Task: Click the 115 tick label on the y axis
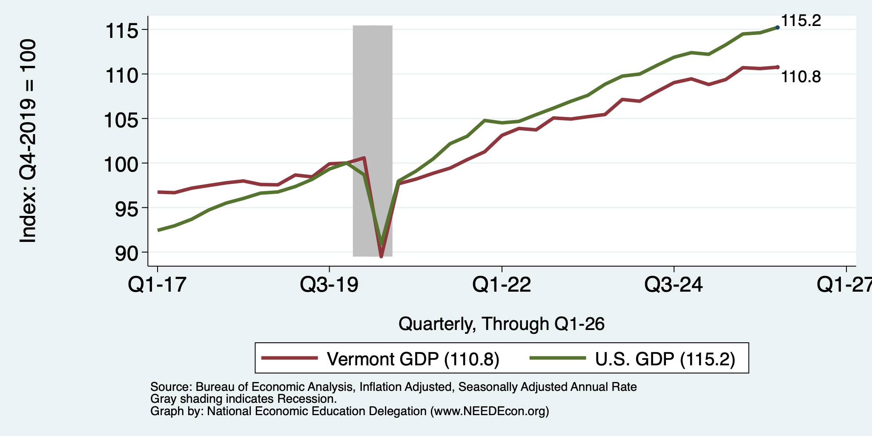tap(123, 31)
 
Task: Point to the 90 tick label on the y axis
tap(127, 253)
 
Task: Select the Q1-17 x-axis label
tap(158, 284)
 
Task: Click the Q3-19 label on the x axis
tap(330, 284)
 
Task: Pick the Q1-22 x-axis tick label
tap(502, 284)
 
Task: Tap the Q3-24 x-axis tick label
tap(674, 284)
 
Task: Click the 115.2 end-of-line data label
tap(801, 20)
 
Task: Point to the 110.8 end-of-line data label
tap(801, 77)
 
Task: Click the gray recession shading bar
tap(373, 141)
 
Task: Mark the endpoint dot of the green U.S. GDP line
tap(777, 27)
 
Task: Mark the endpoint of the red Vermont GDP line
tap(777, 67)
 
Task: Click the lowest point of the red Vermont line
tap(381, 256)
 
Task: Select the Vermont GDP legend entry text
tap(413, 359)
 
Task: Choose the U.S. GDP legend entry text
tap(665, 359)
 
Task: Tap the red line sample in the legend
tap(290, 358)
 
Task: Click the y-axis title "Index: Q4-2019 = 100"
tap(28, 141)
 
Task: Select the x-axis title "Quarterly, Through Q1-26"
tap(502, 324)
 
